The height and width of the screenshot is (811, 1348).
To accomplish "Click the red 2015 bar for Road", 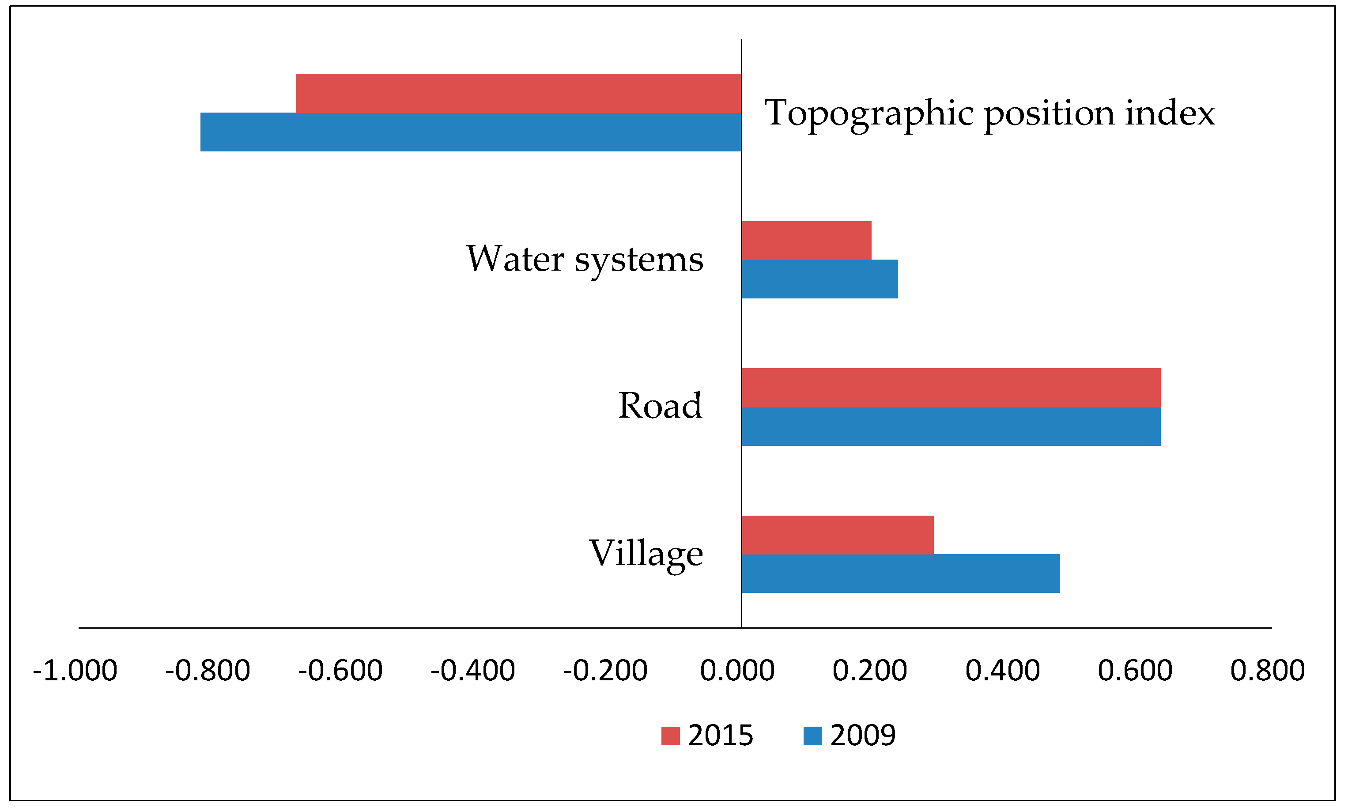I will click(951, 388).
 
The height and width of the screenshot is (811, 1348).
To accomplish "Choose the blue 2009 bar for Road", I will click(951, 426).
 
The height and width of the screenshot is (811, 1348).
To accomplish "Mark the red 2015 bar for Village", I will click(837, 535).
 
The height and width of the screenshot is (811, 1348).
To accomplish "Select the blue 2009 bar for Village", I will click(900, 573).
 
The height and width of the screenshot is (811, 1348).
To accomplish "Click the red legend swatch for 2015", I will click(670, 736).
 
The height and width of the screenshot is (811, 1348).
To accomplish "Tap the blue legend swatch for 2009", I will click(812, 736).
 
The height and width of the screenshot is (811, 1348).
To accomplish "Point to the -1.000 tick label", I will click(75, 671).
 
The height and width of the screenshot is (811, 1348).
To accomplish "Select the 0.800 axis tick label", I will click(1267, 671).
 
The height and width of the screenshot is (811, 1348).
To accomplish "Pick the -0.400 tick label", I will click(472, 671).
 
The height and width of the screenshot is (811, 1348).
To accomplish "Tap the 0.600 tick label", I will click(1135, 671).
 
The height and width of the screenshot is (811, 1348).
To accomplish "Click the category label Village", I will click(646, 554).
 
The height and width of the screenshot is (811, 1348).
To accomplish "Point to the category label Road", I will click(660, 406).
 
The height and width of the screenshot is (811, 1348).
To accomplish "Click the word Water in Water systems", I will click(515, 259).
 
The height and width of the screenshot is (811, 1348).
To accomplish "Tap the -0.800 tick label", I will click(208, 671).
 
